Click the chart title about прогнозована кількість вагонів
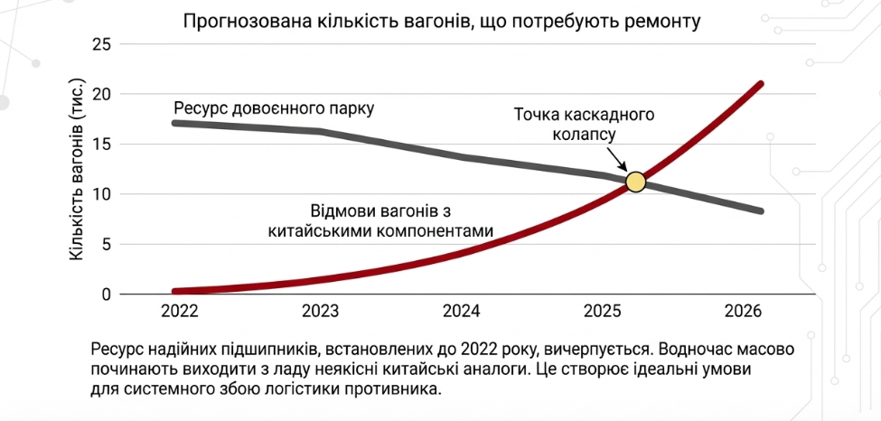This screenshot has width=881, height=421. (x=442, y=20)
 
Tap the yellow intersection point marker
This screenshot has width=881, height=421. (x=635, y=182)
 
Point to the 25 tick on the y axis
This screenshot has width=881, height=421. (x=102, y=44)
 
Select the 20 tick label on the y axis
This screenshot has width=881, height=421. (x=102, y=94)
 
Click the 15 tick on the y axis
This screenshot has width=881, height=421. (x=102, y=144)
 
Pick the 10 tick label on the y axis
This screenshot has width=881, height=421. (x=102, y=194)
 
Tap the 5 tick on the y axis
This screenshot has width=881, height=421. (x=107, y=244)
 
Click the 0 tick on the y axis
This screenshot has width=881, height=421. (x=107, y=295)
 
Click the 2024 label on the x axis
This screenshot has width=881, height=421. (x=461, y=313)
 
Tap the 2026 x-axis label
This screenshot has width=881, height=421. (x=743, y=313)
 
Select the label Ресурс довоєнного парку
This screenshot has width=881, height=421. (x=274, y=108)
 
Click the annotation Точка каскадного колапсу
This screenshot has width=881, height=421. (x=584, y=125)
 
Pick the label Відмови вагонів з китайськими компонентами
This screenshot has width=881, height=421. (x=381, y=220)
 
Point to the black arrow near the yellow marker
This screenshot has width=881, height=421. (x=619, y=157)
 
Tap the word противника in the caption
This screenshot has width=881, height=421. (x=398, y=390)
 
